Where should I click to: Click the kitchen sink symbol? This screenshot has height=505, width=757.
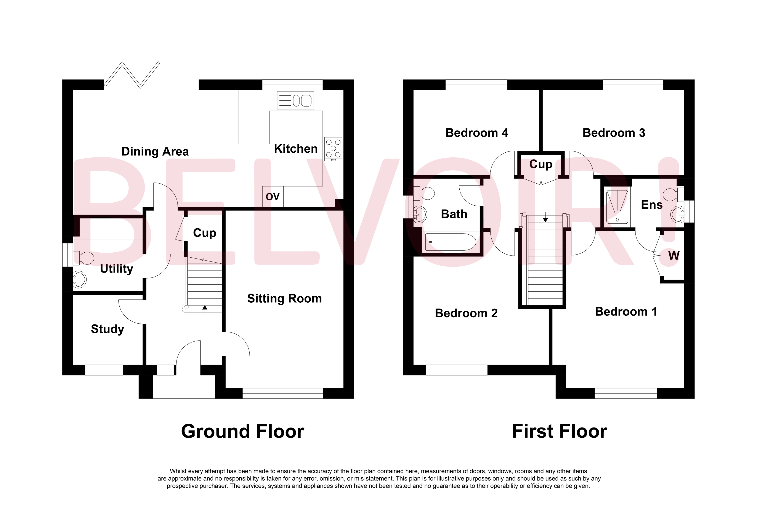[x=295, y=100]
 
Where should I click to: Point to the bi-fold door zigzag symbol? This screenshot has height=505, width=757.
[x=132, y=75]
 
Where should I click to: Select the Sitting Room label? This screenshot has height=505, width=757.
[x=284, y=298]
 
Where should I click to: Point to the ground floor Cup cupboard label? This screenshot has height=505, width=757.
[x=204, y=232]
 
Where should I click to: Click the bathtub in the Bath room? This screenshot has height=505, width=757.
[x=450, y=242]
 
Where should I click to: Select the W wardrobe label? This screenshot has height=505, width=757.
[x=674, y=256]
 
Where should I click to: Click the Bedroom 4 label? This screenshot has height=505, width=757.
[x=476, y=133]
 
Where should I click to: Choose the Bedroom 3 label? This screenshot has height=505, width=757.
[x=614, y=133]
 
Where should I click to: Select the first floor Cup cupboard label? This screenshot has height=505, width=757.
[x=540, y=164]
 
